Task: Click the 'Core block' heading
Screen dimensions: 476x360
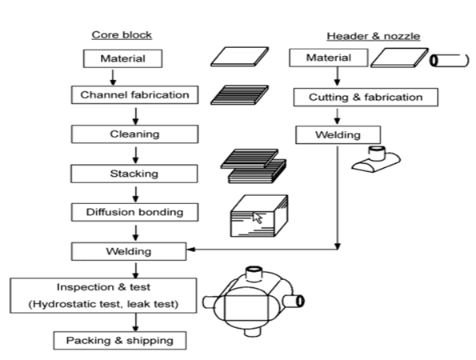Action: pos(122,35)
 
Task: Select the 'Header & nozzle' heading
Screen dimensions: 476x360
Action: pos(374,36)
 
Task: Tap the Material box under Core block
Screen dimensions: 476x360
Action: pos(122,58)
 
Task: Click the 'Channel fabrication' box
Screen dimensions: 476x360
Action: pos(134,95)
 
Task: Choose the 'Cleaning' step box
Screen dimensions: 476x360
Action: pos(134,134)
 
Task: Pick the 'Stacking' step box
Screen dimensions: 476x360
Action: pos(134,174)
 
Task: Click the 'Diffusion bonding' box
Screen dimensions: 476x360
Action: pos(134,212)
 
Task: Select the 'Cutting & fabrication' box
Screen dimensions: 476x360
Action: pos(366,97)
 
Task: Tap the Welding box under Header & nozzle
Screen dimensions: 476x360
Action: pos(338,135)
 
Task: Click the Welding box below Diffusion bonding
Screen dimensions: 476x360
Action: pos(129,251)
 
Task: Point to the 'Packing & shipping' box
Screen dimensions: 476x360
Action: pos(120,341)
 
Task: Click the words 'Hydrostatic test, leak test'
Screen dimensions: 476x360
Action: pos(103,304)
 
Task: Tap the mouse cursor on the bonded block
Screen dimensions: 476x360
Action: pos(258,218)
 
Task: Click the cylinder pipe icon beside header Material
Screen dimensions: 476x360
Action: pos(450,61)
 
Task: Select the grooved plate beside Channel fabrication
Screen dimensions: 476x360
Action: pos(239,95)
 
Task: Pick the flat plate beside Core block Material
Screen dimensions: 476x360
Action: pos(239,57)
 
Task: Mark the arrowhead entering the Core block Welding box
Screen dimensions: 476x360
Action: pos(190,250)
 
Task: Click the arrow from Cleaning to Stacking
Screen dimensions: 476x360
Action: pos(136,155)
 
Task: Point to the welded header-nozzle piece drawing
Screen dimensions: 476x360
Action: pos(376,159)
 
